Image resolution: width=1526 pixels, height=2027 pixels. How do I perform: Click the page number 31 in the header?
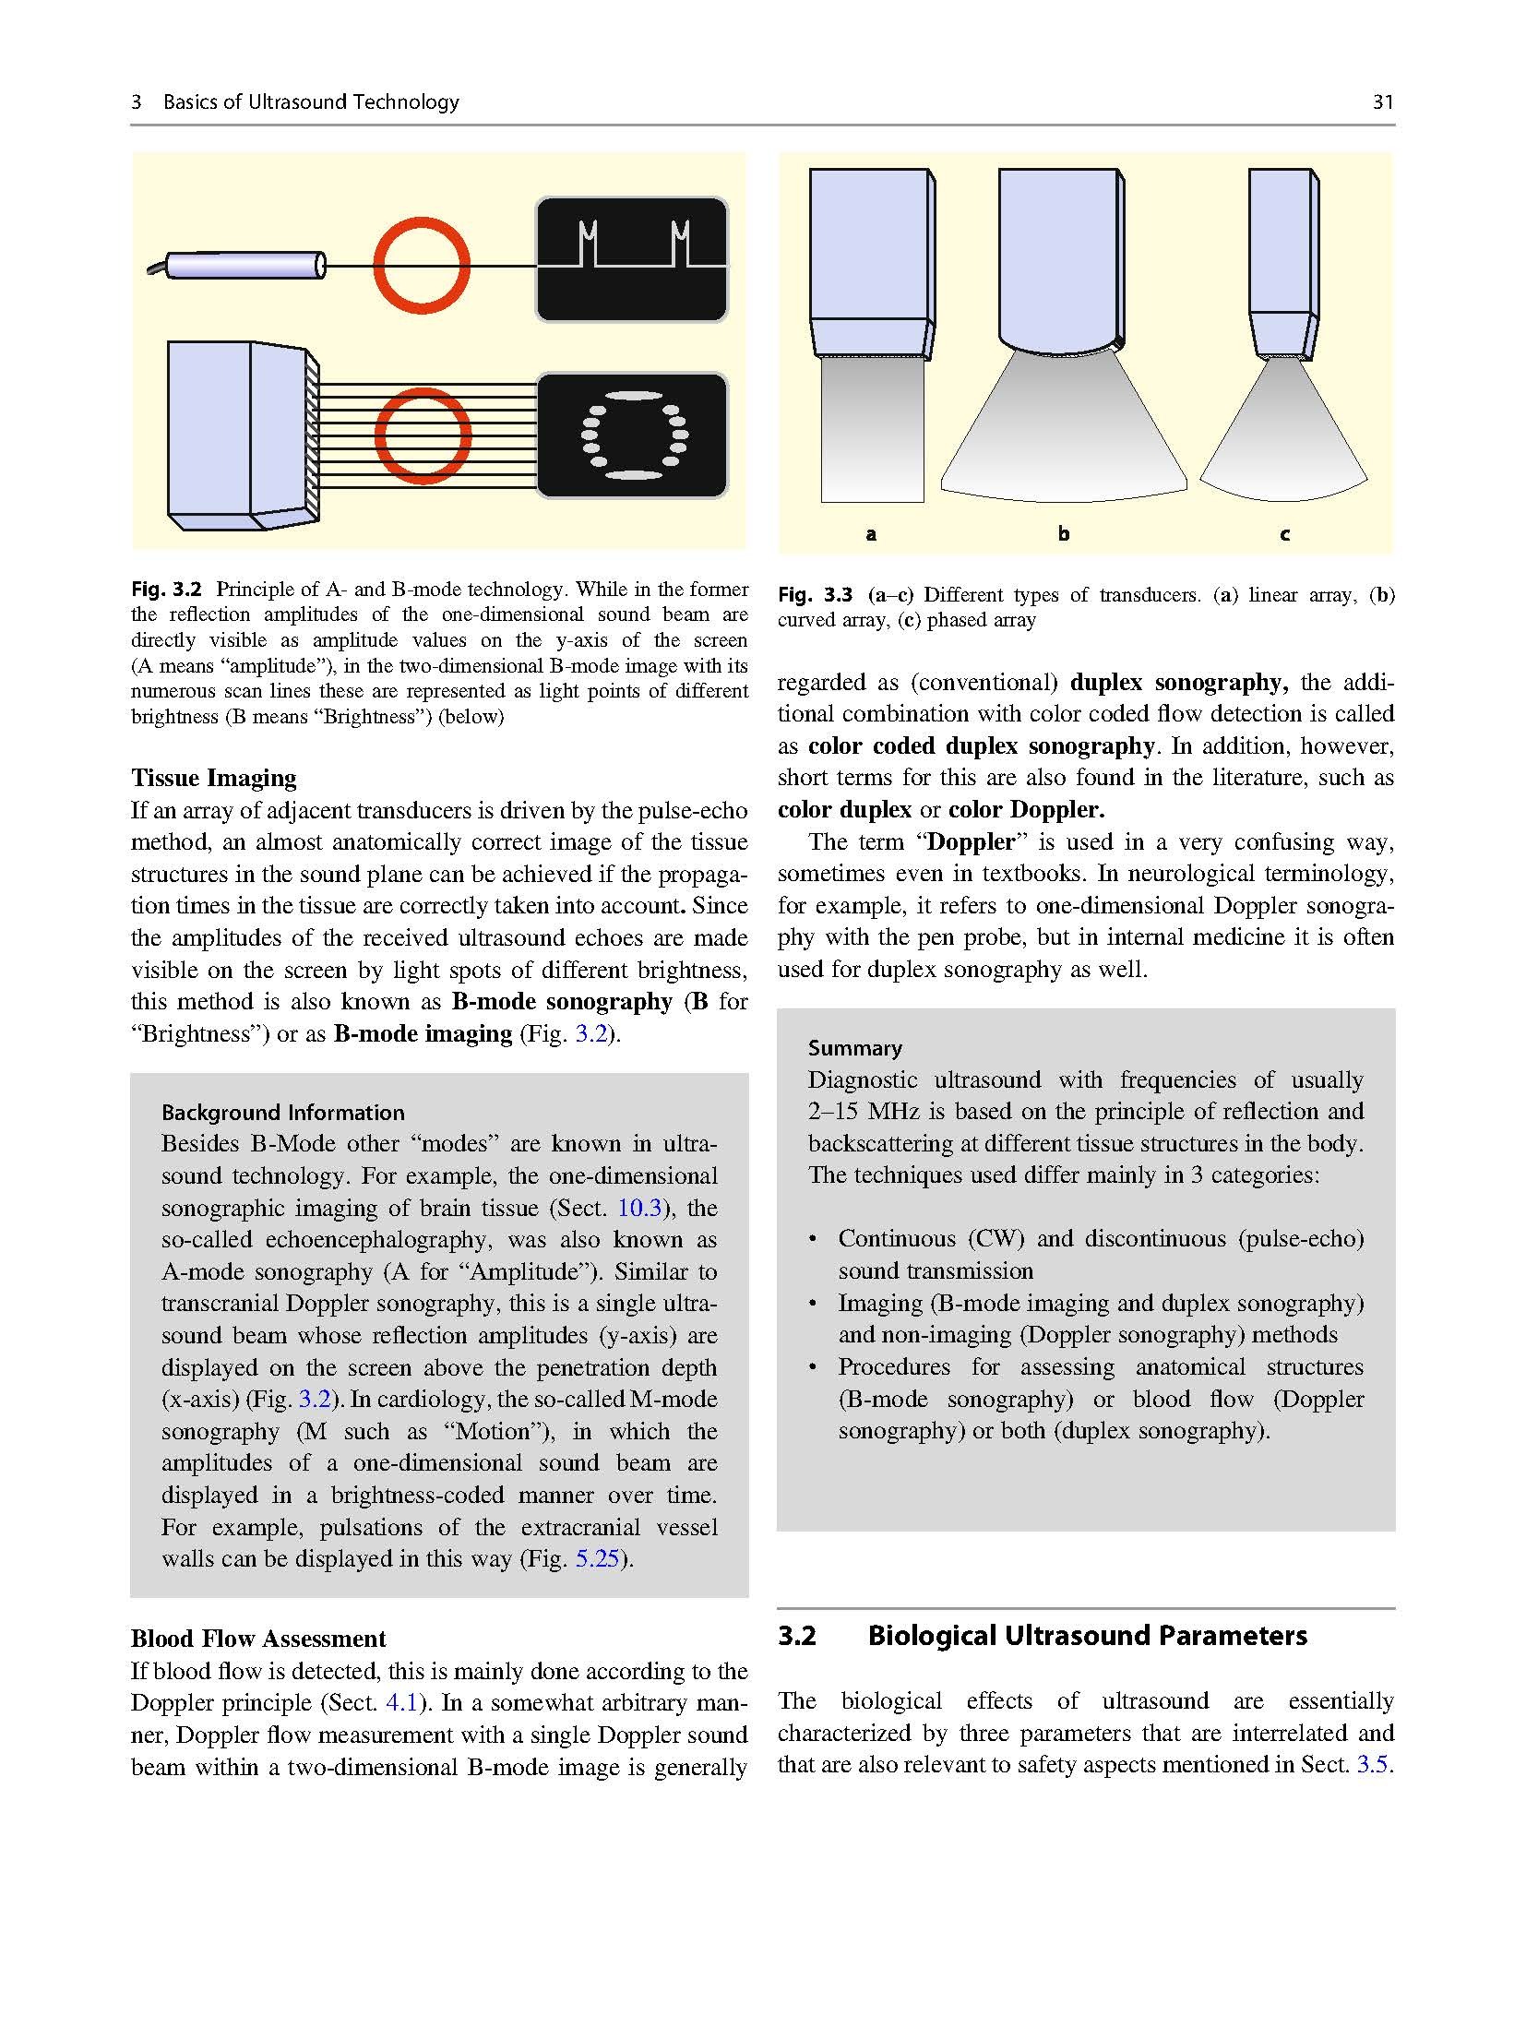tap(1382, 102)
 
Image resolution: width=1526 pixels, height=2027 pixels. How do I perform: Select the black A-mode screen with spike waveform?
tap(632, 259)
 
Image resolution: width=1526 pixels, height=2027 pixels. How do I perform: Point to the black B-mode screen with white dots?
tap(632, 435)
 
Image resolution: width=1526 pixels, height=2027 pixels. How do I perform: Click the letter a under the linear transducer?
tap(870, 534)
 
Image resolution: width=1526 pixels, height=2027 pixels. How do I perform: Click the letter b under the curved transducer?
tap(1064, 533)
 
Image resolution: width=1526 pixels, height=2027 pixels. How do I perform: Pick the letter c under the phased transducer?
tap(1284, 534)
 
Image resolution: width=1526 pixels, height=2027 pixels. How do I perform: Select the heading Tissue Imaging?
tap(214, 778)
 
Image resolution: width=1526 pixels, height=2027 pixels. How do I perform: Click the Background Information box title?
tap(283, 1112)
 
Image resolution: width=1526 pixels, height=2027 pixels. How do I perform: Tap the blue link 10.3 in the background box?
tap(639, 1208)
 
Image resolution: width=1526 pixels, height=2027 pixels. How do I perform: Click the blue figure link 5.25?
tap(597, 1558)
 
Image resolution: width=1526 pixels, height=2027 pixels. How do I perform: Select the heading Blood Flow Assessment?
tap(258, 1639)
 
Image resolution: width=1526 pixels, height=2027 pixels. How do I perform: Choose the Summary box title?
tap(855, 1047)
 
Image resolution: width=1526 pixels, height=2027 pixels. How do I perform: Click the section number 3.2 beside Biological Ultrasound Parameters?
tap(797, 1636)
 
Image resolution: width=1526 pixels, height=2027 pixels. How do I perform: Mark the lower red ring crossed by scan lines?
tap(422, 436)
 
